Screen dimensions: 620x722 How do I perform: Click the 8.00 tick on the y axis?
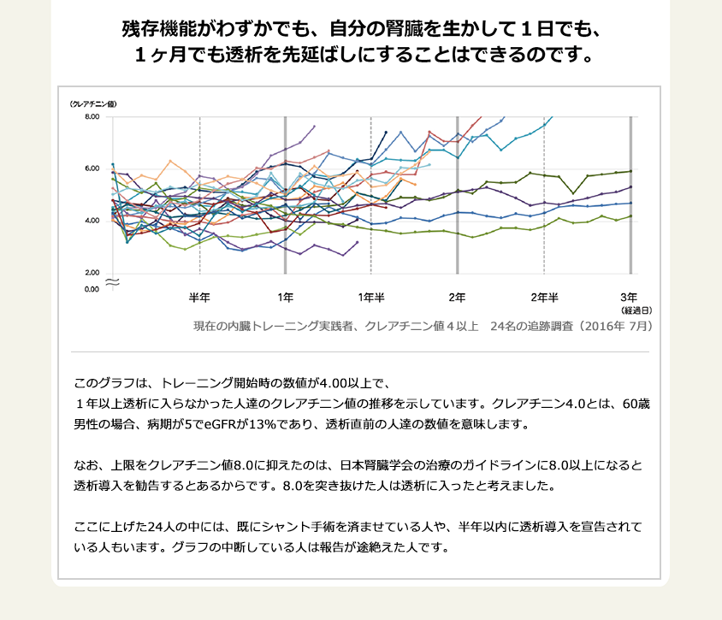(x=92, y=116)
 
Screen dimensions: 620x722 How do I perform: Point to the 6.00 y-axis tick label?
(x=92, y=168)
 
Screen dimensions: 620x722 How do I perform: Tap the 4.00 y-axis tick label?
(x=92, y=221)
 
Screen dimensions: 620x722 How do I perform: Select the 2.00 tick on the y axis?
(x=92, y=273)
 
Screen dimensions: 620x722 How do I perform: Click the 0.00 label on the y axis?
(x=92, y=289)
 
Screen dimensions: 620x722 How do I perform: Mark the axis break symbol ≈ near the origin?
(x=111, y=280)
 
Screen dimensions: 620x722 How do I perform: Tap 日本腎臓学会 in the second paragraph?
(x=379, y=466)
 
